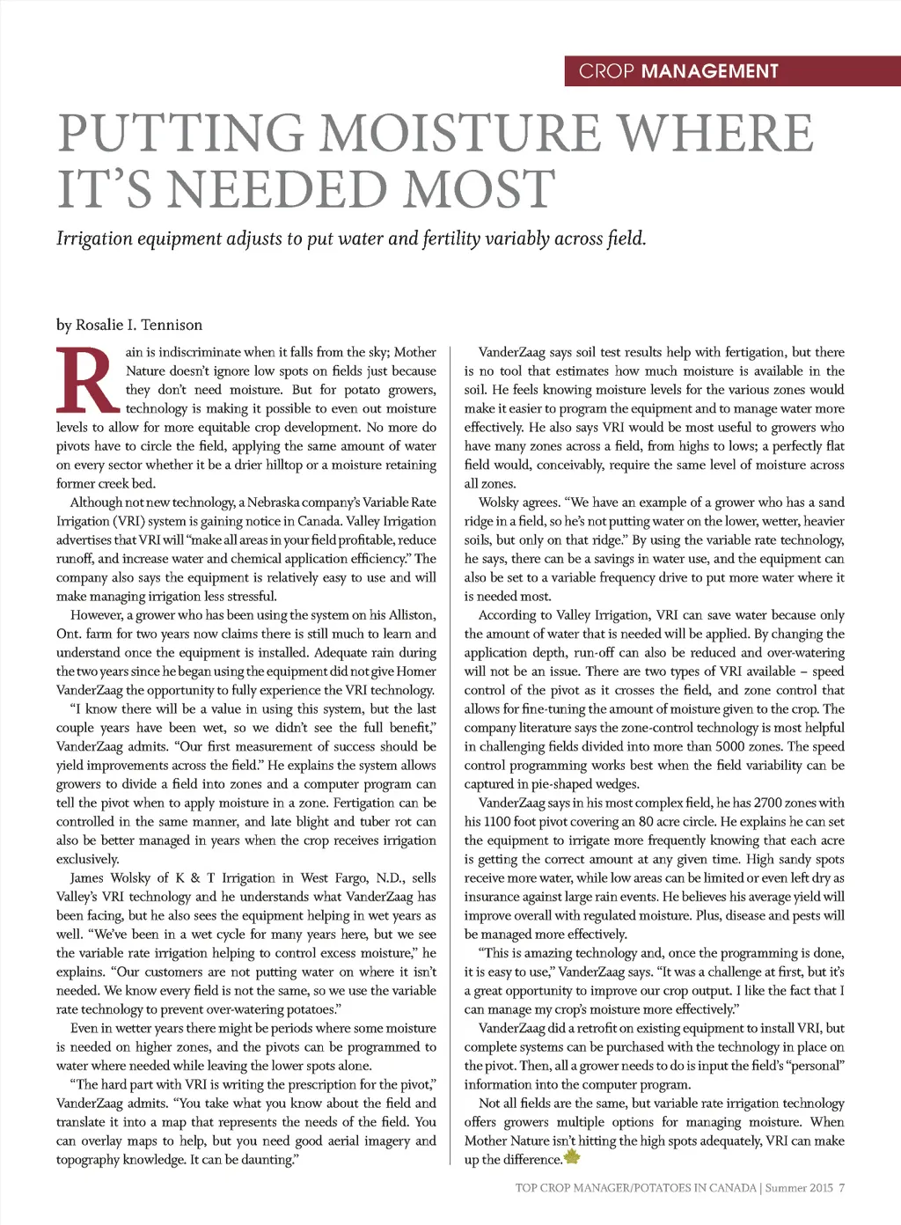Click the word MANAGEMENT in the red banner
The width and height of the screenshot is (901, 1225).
pyautogui.click(x=709, y=71)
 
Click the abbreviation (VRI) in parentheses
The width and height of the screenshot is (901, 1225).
pyautogui.click(x=128, y=521)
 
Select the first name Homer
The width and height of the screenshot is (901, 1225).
pyautogui.click(x=416, y=671)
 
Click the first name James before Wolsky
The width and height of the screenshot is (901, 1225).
pyautogui.click(x=86, y=878)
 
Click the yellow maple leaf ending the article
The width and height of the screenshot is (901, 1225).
pyautogui.click(x=572, y=1157)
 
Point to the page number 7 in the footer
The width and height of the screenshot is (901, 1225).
pyautogui.click(x=841, y=1188)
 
